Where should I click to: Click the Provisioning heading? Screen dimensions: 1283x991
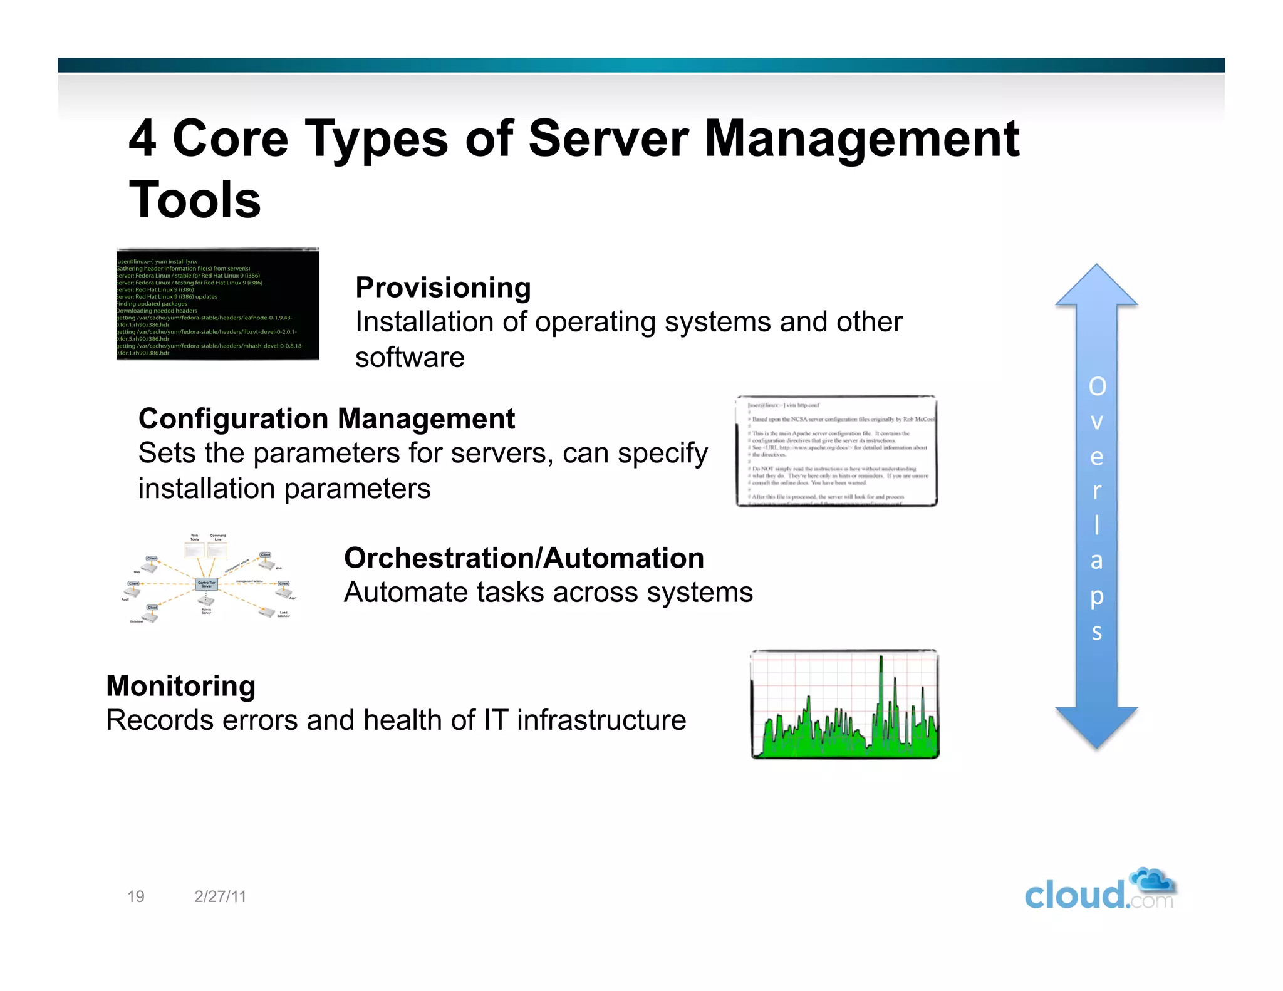(443, 288)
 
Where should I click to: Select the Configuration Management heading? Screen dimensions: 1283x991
(326, 419)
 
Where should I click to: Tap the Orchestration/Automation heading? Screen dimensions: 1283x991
(524, 558)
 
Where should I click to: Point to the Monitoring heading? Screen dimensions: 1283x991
(181, 686)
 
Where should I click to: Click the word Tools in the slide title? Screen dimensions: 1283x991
(195, 200)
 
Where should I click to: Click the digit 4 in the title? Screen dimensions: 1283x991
(142, 139)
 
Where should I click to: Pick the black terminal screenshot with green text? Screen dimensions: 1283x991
(217, 304)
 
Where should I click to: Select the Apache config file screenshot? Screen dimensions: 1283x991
(836, 450)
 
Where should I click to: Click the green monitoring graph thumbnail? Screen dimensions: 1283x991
(844, 704)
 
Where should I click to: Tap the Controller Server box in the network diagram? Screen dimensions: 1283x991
(207, 584)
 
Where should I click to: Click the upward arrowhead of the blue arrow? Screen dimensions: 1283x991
(1096, 287)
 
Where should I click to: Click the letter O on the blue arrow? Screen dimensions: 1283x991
(1097, 387)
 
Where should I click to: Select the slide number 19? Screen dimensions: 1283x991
(136, 896)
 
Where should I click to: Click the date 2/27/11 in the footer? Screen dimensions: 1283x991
(221, 896)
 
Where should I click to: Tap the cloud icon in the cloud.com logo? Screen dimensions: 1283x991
(1153, 880)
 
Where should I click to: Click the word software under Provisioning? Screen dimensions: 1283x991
(410, 358)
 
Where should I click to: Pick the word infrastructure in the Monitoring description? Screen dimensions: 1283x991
(601, 720)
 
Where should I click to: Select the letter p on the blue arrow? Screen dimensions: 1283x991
(1096, 597)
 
